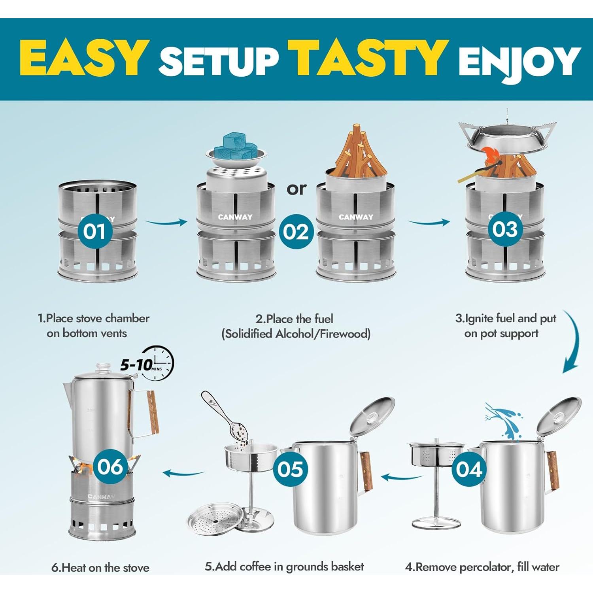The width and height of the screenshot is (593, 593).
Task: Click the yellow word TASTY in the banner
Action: coord(368,58)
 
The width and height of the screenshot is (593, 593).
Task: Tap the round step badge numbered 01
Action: coord(94,231)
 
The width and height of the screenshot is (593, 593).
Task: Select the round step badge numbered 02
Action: coord(296,232)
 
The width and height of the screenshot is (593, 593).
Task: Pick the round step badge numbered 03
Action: coord(505,229)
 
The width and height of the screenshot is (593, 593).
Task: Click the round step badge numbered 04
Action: coord(469,469)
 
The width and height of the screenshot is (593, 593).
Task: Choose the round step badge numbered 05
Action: coord(290,469)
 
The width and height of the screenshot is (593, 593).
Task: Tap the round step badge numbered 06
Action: coord(110,466)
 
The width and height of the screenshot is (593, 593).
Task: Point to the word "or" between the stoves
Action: coord(296,189)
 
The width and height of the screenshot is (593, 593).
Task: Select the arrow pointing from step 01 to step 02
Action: coord(166,223)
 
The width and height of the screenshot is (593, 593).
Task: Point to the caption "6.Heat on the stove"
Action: coord(100,568)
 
